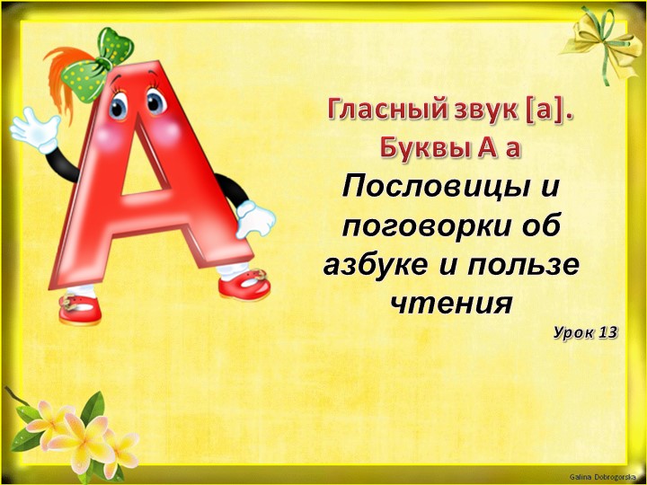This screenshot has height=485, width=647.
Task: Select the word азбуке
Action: [376, 265]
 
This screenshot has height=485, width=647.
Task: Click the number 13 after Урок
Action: [607, 332]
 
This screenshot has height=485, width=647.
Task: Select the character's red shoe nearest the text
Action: [244, 287]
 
